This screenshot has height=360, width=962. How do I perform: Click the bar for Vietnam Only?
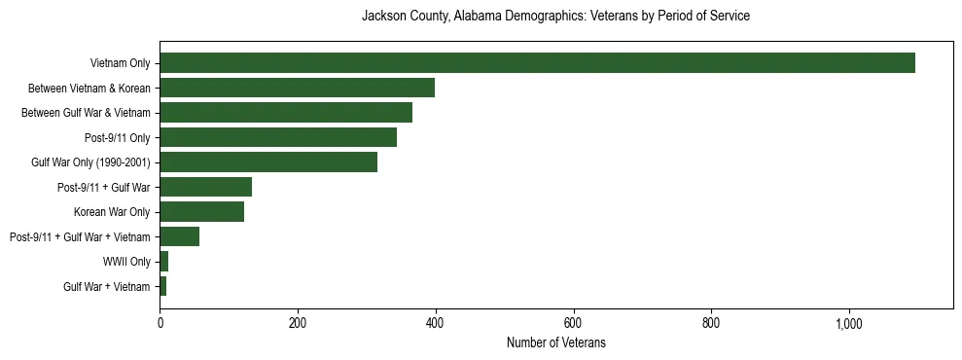pyautogui.click(x=537, y=63)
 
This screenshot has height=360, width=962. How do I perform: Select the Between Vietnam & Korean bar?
pyautogui.click(x=297, y=88)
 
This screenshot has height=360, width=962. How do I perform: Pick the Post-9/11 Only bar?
pyautogui.click(x=278, y=137)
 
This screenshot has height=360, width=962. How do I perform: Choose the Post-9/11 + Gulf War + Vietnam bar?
pyautogui.click(x=179, y=236)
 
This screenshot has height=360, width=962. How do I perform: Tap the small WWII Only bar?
pyautogui.click(x=164, y=262)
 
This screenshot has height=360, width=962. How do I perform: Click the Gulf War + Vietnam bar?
pyautogui.click(x=163, y=286)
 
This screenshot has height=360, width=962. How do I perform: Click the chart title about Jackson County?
pyautogui.click(x=555, y=17)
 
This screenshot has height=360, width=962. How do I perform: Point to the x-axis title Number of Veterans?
pyautogui.click(x=555, y=342)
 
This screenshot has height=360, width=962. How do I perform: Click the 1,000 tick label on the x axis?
pyautogui.click(x=848, y=323)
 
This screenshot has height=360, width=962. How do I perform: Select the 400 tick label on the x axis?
pyautogui.click(x=435, y=323)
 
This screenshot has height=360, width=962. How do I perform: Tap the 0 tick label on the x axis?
pyautogui.click(x=160, y=323)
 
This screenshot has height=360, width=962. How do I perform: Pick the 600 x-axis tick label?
pyautogui.click(x=573, y=323)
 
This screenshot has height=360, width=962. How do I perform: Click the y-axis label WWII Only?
pyautogui.click(x=126, y=262)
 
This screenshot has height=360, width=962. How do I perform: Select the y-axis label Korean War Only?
pyautogui.click(x=112, y=212)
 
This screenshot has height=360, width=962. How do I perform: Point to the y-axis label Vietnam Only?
pyautogui.click(x=120, y=63)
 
